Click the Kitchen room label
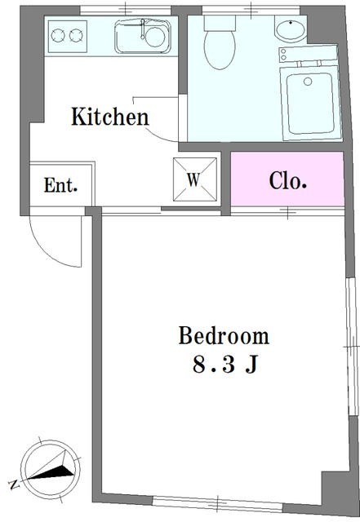click(110, 117)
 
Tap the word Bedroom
click(224, 335)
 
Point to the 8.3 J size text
click(225, 365)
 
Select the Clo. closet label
click(287, 180)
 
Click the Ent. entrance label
click(60, 185)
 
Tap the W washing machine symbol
click(195, 179)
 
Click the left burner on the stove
click(58, 36)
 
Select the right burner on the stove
click(76, 36)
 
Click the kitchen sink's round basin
click(155, 37)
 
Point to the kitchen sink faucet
click(143, 29)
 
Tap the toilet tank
click(220, 23)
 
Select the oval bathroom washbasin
click(291, 30)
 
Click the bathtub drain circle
click(308, 82)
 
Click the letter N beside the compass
click(14, 484)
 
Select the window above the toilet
click(251, 11)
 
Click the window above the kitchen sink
click(126, 11)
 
